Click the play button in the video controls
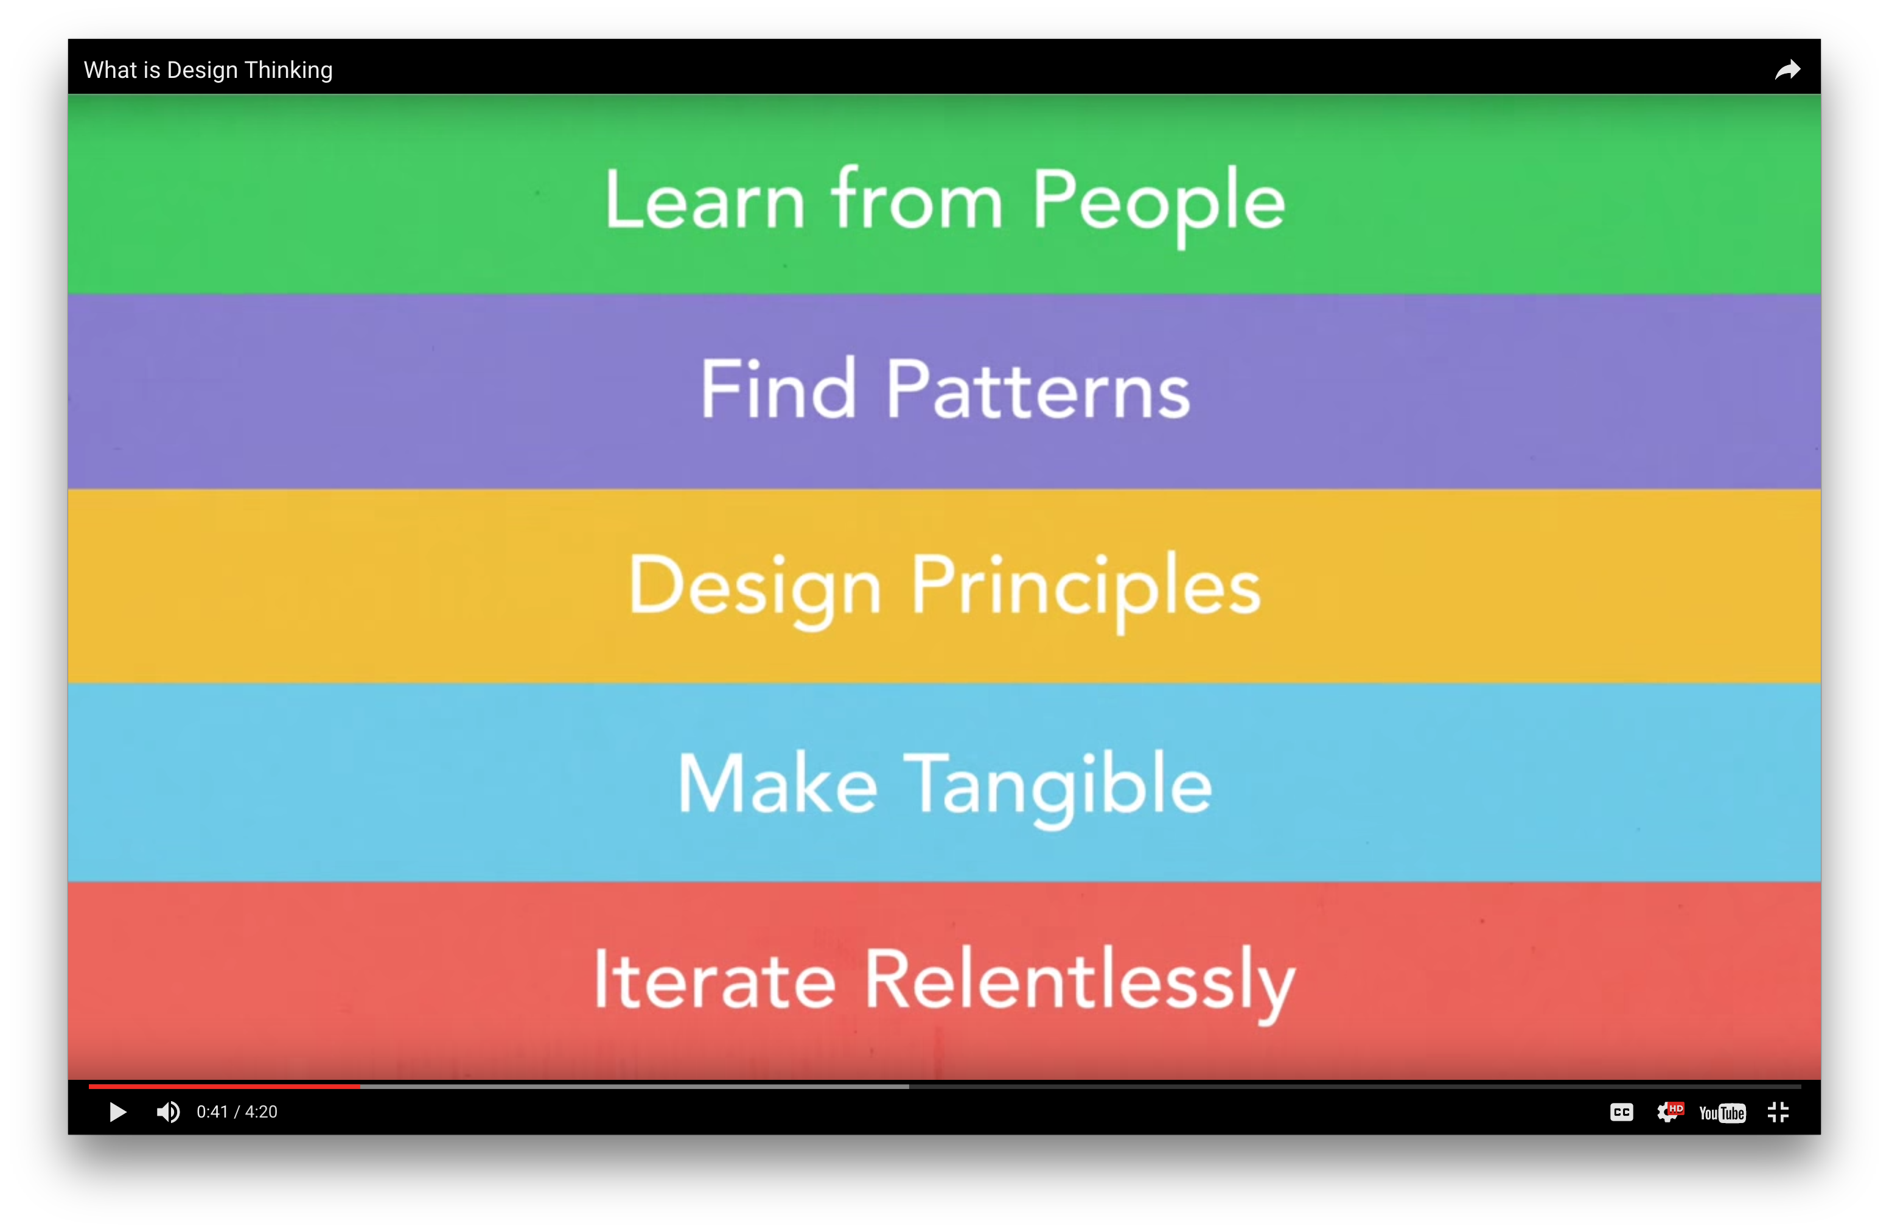click(x=117, y=1112)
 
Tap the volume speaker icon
click(x=167, y=1112)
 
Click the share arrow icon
click(x=1787, y=70)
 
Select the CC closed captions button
click(x=1621, y=1112)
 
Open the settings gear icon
click(x=1668, y=1112)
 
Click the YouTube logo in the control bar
click(x=1722, y=1113)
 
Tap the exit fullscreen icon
click(x=1778, y=1112)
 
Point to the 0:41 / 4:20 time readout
click(x=237, y=1112)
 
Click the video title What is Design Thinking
click(x=208, y=70)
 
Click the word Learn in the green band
click(x=704, y=200)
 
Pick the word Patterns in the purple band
click(x=1038, y=389)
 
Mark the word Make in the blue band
click(x=777, y=783)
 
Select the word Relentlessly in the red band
click(x=1080, y=984)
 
